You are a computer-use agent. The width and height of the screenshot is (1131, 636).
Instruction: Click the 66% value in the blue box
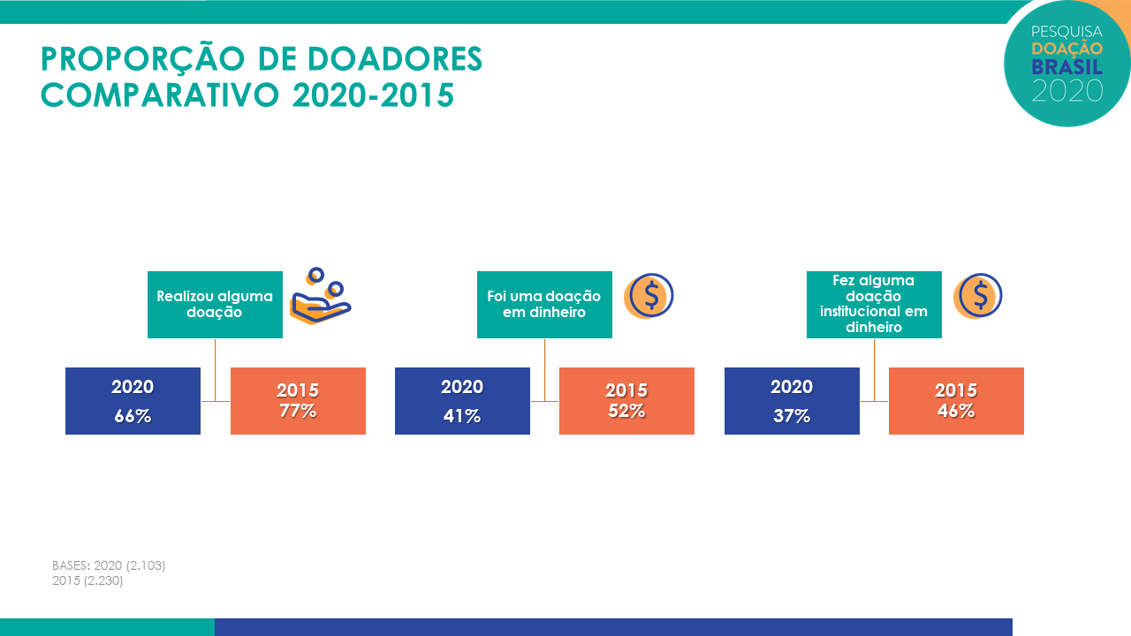coord(133,416)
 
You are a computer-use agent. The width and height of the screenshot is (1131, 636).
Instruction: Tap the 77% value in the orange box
coord(298,411)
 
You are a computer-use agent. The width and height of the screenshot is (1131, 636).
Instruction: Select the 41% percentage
coord(462,416)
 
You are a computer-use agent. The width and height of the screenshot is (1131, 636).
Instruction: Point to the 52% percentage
coord(626,411)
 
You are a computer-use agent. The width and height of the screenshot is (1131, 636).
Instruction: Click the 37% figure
coord(792,416)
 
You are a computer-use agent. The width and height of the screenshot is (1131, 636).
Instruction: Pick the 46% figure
coord(956,411)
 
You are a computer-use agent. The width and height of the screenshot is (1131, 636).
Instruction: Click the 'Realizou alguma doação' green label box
coord(215,305)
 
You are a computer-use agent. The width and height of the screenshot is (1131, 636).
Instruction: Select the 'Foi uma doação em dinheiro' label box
coord(544,305)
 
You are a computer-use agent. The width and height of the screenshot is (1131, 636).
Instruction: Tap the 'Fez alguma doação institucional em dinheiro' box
coord(874,305)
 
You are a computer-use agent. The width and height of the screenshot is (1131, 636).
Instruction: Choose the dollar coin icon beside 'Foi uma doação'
coord(649,296)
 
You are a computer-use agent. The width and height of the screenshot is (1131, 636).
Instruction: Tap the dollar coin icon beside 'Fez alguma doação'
coord(978,296)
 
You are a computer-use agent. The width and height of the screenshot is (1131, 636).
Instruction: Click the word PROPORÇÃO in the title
coord(143,59)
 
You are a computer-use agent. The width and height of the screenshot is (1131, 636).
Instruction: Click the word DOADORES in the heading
coord(395,59)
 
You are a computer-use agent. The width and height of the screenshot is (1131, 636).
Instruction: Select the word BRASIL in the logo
coord(1066,67)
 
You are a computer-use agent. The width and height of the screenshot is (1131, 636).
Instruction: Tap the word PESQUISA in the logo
coord(1066,33)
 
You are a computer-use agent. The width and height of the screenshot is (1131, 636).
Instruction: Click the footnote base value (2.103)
coord(146,565)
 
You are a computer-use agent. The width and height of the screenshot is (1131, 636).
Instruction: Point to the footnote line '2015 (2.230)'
coord(87,580)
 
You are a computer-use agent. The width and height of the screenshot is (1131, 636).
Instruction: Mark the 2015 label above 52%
coord(626,390)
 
